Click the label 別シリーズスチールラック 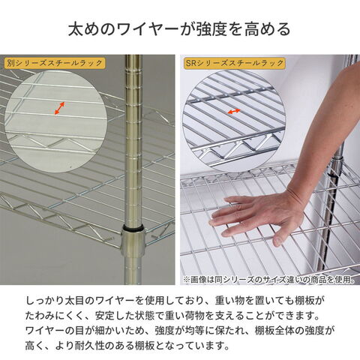tap(54, 63)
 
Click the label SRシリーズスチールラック tap(235, 63)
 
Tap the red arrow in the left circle tap(59, 108)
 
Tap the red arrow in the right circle tap(234, 111)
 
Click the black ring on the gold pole tap(133, 228)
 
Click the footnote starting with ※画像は tap(268, 279)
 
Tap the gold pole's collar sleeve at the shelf tap(133, 242)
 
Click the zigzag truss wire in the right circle tap(236, 148)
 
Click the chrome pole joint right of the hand tap(335, 163)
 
